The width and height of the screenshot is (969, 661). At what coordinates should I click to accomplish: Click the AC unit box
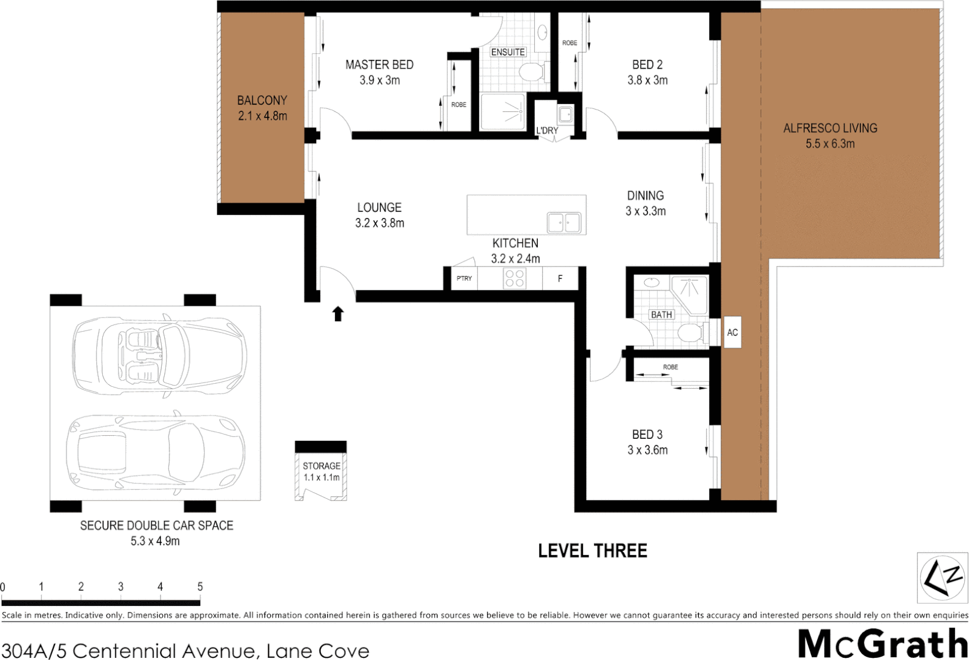[732, 332]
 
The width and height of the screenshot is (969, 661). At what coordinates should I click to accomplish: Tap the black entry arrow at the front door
[337, 314]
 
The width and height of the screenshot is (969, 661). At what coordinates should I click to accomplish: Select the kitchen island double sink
[564, 222]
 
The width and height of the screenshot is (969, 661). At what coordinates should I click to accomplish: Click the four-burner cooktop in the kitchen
[515, 278]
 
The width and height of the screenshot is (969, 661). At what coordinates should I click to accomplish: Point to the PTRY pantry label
[464, 278]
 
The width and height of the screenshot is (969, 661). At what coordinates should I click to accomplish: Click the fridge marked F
[560, 278]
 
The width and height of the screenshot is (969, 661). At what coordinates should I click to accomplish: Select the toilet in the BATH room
[690, 334]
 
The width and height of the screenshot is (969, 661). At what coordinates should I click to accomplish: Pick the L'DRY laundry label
[547, 130]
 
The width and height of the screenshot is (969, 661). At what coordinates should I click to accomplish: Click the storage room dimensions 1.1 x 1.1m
[322, 477]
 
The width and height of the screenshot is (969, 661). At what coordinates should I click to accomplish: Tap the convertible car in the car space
[159, 355]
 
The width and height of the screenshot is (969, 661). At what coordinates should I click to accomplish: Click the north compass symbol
[943, 578]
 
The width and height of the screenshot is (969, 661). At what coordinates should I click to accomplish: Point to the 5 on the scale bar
[200, 586]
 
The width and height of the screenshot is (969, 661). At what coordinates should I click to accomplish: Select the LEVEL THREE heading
[592, 551]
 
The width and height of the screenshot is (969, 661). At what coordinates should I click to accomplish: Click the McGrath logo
[882, 644]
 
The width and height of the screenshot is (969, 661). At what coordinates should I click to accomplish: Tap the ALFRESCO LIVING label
[830, 128]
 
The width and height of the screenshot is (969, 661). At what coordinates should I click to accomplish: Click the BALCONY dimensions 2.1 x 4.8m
[262, 116]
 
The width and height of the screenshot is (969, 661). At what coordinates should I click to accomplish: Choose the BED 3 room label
[647, 435]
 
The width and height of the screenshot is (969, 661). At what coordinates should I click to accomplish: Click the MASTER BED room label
[379, 64]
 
